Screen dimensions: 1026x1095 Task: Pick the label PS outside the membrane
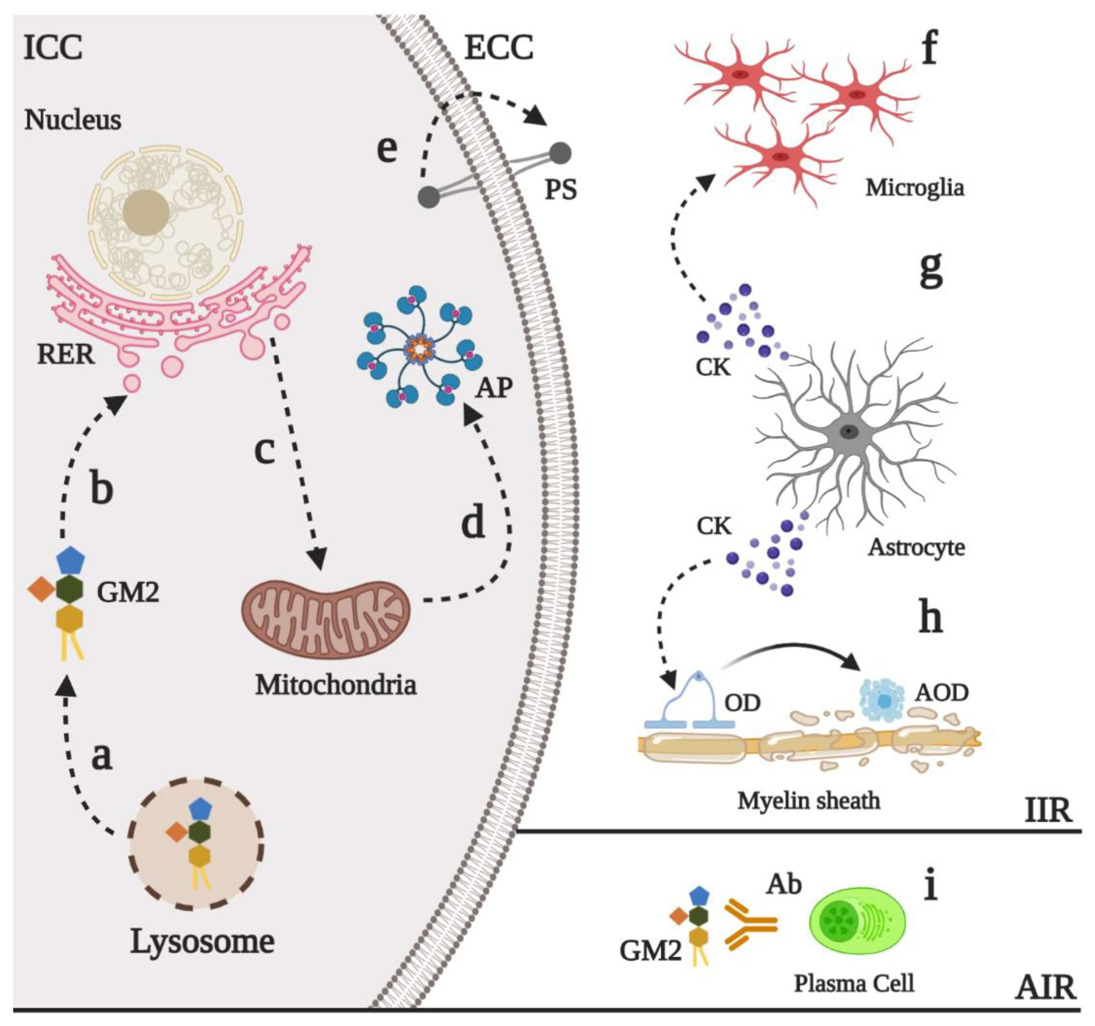coord(561,190)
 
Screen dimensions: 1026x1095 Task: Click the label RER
coord(66,354)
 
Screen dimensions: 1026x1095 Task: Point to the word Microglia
coord(914,188)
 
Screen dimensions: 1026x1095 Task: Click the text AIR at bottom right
coord(1045,988)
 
